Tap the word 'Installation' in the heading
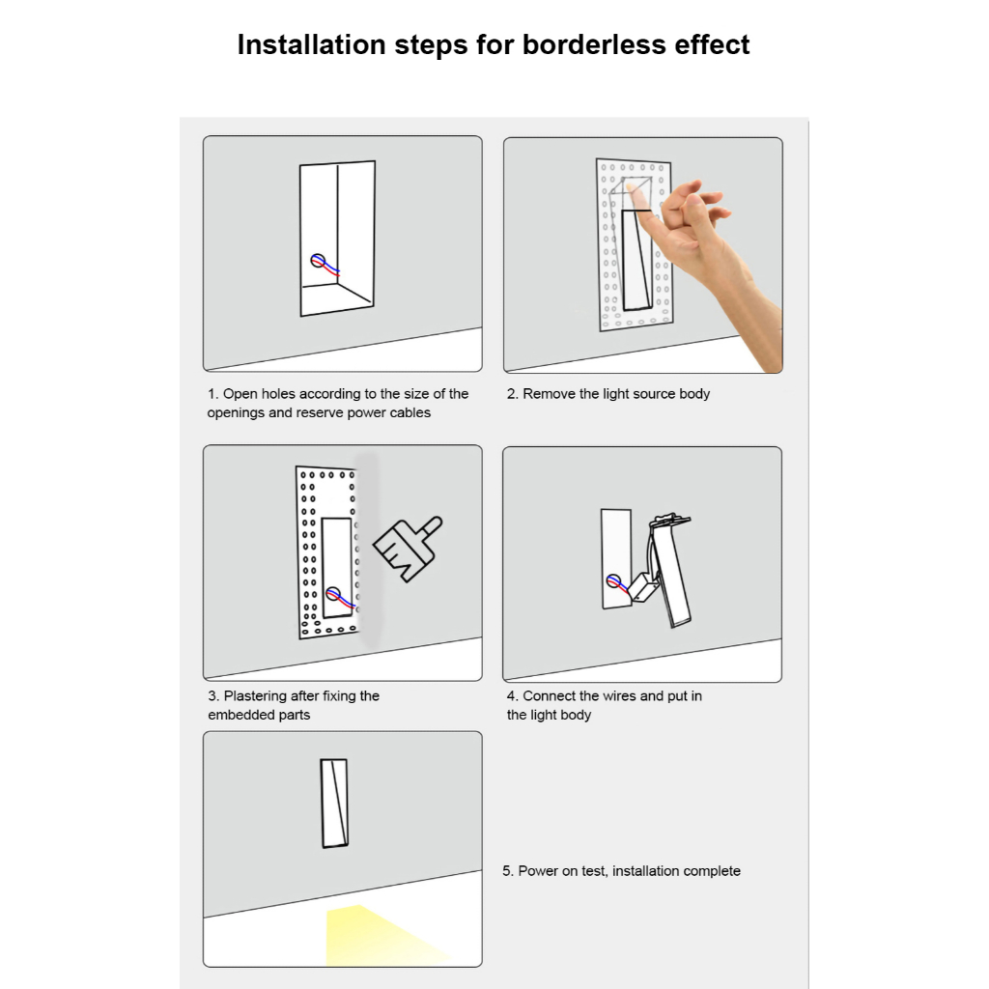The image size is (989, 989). coord(312,44)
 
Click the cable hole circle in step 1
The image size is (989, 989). coord(318,261)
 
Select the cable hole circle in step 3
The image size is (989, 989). coord(333,594)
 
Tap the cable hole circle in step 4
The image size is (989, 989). coord(612,580)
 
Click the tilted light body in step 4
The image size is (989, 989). coord(670,570)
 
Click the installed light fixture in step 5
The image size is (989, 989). coord(334,803)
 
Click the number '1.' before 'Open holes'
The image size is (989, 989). coord(213,394)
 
